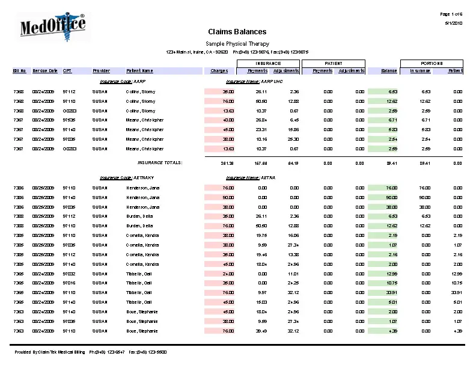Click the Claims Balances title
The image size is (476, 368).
(237, 32)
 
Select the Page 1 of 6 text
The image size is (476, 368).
(451, 14)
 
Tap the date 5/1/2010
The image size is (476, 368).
(453, 23)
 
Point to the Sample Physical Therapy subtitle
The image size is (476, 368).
(237, 44)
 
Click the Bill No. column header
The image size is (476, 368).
(20, 71)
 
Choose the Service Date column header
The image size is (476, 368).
(45, 71)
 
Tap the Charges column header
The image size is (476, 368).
(219, 71)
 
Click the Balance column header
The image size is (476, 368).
(389, 71)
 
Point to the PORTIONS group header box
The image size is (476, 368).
(432, 63)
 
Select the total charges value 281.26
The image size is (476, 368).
(227, 162)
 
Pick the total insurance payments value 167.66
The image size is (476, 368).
(260, 162)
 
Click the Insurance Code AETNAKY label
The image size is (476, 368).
(123, 178)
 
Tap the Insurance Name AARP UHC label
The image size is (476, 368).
(254, 81)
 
